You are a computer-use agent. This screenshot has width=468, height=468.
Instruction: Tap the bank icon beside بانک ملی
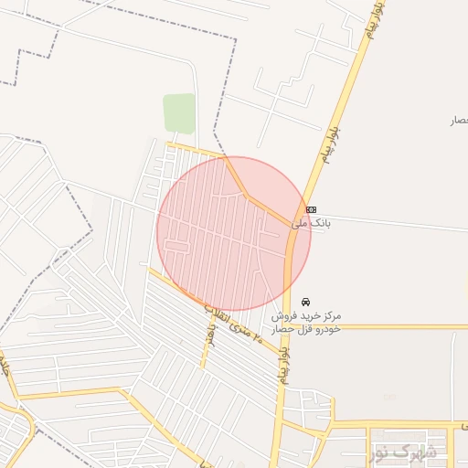coord(312,209)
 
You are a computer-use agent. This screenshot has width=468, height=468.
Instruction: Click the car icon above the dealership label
coord(304,301)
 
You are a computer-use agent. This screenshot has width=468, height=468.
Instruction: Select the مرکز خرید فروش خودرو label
coord(305,322)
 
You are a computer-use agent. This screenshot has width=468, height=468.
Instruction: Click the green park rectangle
coord(179,113)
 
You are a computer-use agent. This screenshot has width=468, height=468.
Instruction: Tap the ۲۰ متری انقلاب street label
coord(233,325)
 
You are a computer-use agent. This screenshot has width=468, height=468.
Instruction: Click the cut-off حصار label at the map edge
coord(459,121)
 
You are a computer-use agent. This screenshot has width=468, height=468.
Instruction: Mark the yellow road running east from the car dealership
coord(393,326)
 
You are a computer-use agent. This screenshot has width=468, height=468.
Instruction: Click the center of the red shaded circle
coord(233,234)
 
